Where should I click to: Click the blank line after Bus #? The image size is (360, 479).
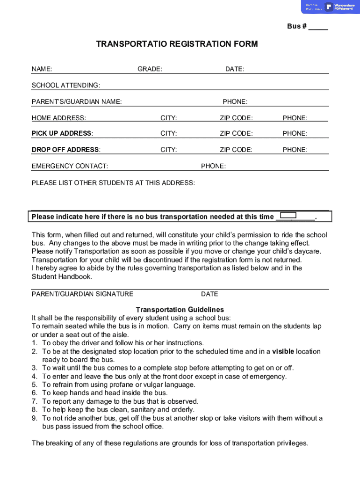tap(318, 27)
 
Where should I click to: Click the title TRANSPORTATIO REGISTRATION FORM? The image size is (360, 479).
tap(177, 44)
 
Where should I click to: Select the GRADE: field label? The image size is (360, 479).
tap(150, 69)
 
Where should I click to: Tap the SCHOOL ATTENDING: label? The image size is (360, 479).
tap(65, 86)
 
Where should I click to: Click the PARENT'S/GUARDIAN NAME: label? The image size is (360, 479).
tap(77, 102)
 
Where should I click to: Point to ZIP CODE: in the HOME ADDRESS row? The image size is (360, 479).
tap(236, 118)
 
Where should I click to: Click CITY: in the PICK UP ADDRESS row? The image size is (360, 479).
tap(168, 134)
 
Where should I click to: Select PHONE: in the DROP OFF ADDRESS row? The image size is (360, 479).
tap(295, 150)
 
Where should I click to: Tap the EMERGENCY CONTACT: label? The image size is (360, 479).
tap(70, 166)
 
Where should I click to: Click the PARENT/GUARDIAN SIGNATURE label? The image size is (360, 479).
tap(82, 294)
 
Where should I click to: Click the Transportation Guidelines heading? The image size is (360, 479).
tap(180, 310)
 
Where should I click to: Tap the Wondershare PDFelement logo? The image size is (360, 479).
tap(340, 7)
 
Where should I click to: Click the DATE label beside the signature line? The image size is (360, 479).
tap(209, 294)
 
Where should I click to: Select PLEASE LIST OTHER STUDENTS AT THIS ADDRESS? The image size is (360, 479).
tap(113, 183)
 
